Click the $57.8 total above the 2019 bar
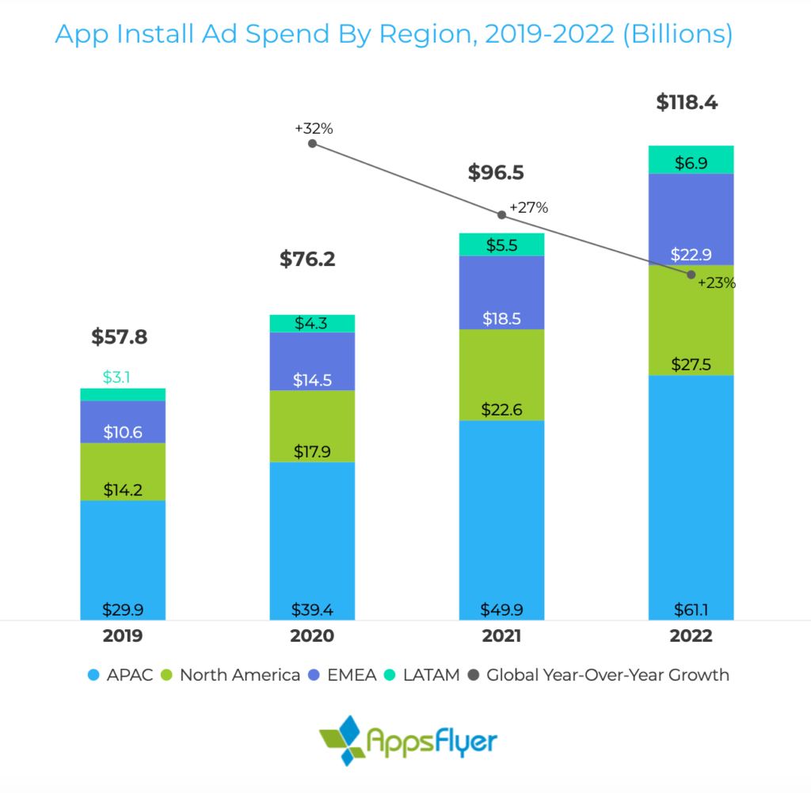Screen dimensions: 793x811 119,337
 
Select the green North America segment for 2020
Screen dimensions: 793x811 312,426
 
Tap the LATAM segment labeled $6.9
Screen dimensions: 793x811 691,160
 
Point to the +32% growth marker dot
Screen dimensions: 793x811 312,143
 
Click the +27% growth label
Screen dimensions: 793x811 528,208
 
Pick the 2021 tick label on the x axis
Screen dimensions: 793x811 501,636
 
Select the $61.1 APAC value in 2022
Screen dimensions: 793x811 691,609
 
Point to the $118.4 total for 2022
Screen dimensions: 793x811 687,102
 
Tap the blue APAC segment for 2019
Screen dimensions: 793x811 123,554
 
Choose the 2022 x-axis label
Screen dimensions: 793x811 691,636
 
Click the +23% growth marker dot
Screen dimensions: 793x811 691,275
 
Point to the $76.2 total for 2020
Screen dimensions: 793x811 307,259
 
